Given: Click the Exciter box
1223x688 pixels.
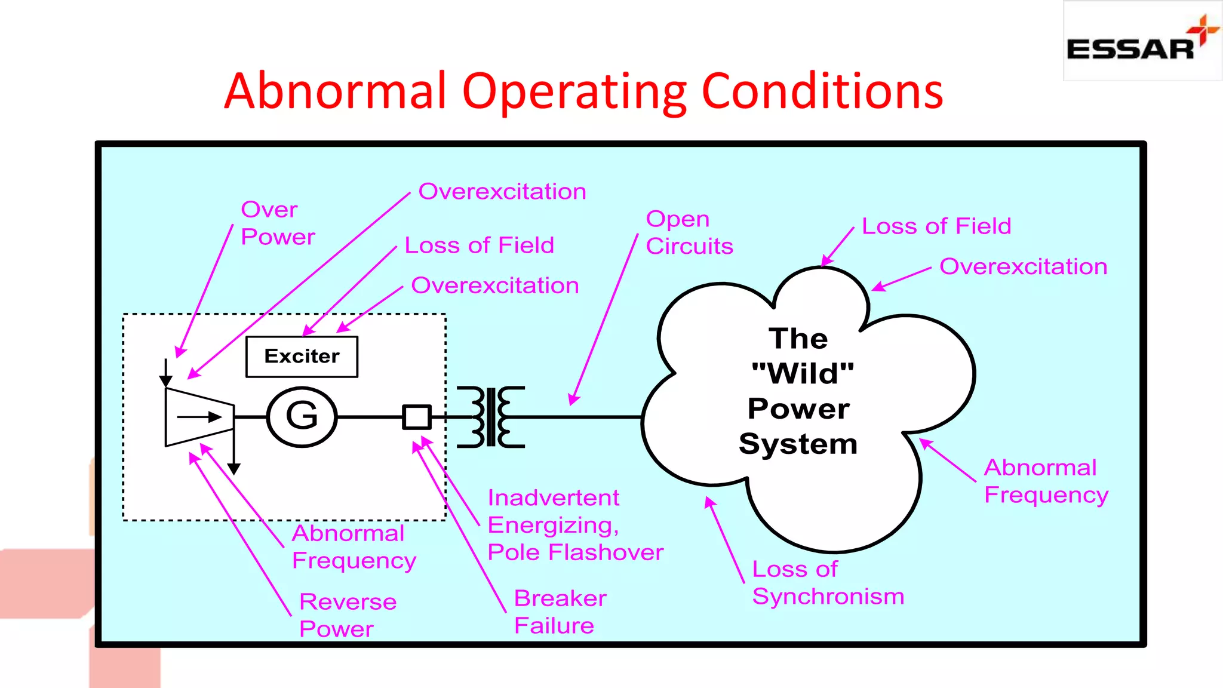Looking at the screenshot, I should click(302, 357).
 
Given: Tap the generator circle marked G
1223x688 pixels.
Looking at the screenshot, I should click(302, 416).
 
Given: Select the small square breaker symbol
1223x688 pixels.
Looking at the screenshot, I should click(417, 417).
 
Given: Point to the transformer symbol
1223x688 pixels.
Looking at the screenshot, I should click(491, 417).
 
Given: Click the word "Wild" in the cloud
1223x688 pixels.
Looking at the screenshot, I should click(803, 374).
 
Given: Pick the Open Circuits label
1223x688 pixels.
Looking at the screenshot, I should click(689, 233).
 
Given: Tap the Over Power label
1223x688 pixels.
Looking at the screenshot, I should click(278, 223).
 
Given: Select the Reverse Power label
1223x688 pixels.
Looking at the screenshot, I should click(348, 615).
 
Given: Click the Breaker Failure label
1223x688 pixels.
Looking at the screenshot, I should click(560, 612).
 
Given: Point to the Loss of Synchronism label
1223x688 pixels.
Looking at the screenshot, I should click(828, 583).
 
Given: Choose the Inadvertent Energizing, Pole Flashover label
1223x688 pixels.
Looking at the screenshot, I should click(575, 525).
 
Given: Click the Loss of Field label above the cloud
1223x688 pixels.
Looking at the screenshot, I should click(936, 226).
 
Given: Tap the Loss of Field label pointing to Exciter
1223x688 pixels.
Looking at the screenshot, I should click(480, 245).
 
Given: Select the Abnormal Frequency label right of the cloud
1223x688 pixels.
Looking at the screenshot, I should click(1046, 481).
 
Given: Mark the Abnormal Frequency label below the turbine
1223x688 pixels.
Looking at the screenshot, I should click(354, 547).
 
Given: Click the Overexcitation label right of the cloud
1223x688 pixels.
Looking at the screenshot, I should click(1023, 267).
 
